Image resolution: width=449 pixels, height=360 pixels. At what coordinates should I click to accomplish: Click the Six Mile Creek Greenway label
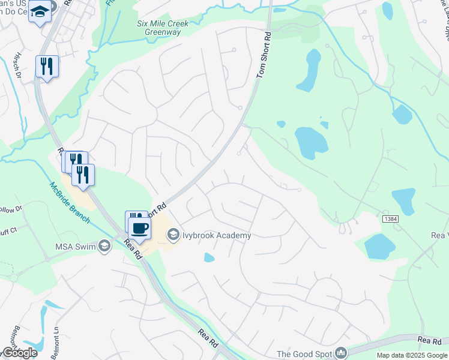pyautogui.click(x=162, y=28)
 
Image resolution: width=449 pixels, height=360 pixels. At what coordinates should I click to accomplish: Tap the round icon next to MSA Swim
pyautogui.click(x=104, y=245)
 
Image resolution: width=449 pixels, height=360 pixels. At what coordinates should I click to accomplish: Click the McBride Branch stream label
pyautogui.click(x=70, y=202)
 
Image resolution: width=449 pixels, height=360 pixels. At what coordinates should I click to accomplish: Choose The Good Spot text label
pyautogui.click(x=304, y=353)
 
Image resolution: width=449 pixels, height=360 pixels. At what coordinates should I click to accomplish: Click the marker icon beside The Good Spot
pyautogui.click(x=341, y=353)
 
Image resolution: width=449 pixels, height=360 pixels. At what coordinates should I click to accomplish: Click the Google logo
pyautogui.click(x=19, y=353)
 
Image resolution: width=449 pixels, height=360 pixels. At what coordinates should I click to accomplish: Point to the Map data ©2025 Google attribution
pyautogui.click(x=411, y=355)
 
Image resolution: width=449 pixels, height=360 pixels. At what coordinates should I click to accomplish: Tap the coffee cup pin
pyautogui.click(x=139, y=229)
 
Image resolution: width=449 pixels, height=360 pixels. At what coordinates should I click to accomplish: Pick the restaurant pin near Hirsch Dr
pyautogui.click(x=46, y=66)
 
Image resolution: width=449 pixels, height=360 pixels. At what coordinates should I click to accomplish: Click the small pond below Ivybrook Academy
pyautogui.click(x=209, y=257)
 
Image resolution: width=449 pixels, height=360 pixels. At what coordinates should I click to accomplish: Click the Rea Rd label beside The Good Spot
pyautogui.click(x=430, y=341)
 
